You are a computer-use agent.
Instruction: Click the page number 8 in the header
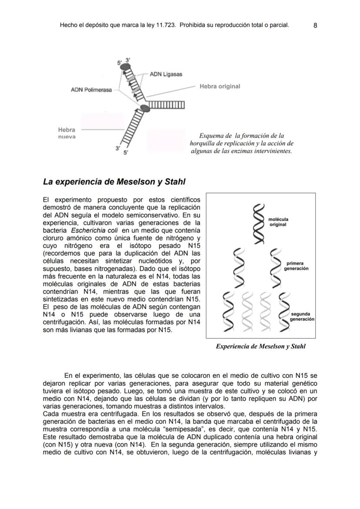pos(315,26)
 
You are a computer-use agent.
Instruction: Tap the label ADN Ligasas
pos(166,74)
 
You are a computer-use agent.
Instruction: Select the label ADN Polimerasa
pos(91,90)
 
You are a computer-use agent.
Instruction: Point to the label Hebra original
pos(220,86)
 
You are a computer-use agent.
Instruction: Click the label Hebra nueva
pos(67,133)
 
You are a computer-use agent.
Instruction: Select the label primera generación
pos(296,266)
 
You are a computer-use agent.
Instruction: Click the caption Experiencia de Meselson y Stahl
pos(260,346)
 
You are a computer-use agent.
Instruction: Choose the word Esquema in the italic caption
pos(212,136)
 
